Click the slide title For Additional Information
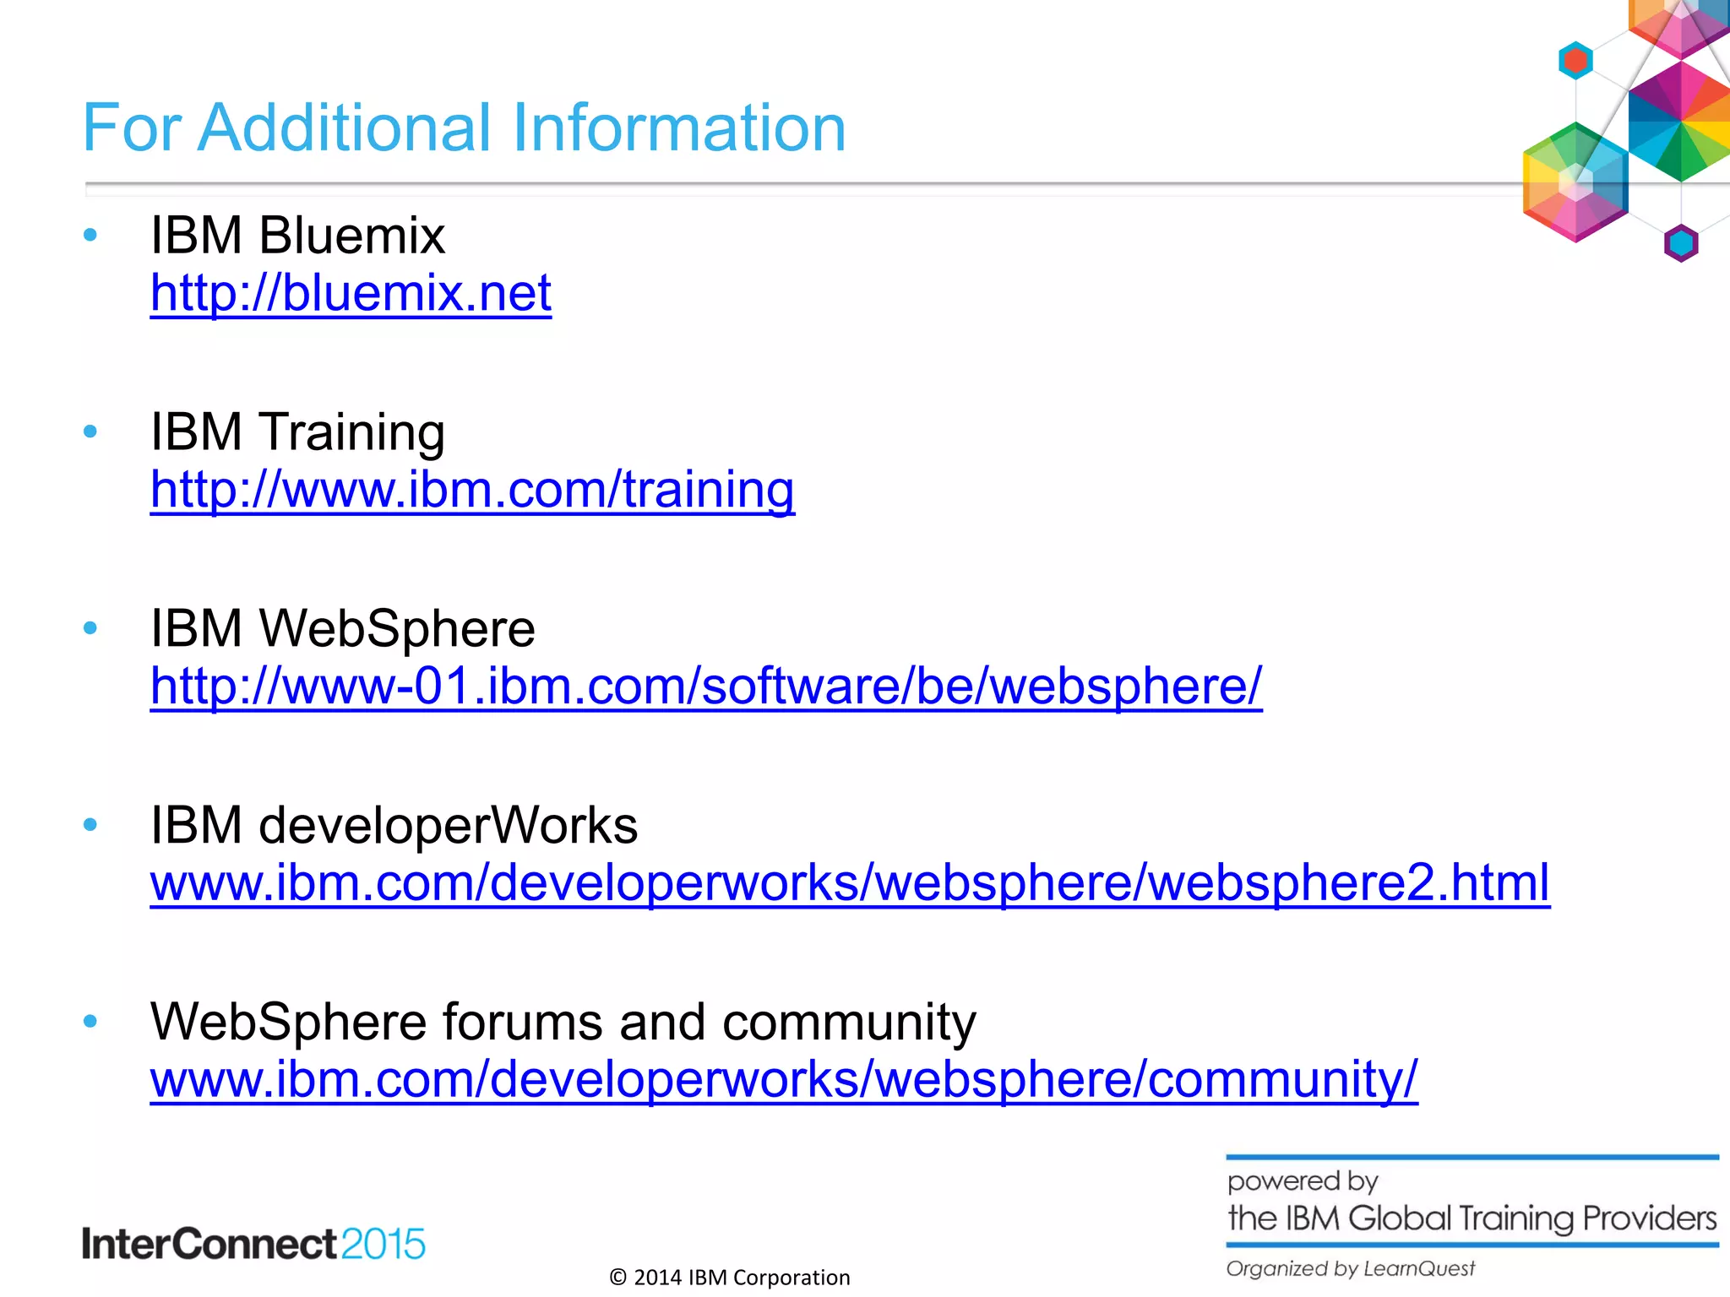click(464, 128)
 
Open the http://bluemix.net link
click(351, 294)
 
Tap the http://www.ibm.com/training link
click(472, 490)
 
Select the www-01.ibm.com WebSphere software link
click(706, 686)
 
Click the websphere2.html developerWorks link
click(850, 883)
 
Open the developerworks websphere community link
click(784, 1080)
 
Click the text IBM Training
click(297, 431)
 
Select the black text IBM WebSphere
click(342, 628)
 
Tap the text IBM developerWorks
click(394, 825)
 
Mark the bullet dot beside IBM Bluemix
click(91, 235)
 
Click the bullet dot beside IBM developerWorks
click(91, 825)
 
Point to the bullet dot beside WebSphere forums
click(91, 1022)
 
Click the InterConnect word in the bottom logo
click(209, 1245)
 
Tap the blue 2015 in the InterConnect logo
click(384, 1245)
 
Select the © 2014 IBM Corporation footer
click(730, 1278)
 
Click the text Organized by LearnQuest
click(1350, 1268)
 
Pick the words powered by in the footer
click(1302, 1180)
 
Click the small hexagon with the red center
click(1575, 61)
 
